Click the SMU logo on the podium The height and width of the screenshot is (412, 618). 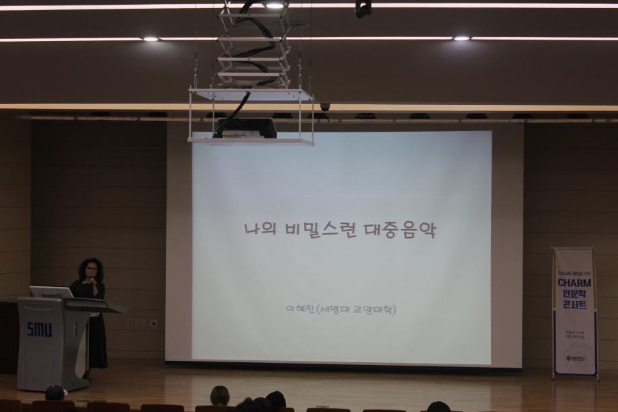click(x=39, y=329)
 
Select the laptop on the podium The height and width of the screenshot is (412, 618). click(x=51, y=292)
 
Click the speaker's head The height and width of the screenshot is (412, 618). click(x=91, y=268)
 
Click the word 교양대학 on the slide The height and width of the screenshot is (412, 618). click(x=369, y=310)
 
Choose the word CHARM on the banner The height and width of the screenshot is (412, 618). click(x=574, y=283)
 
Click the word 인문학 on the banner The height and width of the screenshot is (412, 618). click(x=574, y=294)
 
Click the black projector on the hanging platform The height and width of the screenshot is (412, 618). click(x=246, y=128)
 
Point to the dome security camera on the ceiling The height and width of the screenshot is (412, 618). click(x=325, y=107)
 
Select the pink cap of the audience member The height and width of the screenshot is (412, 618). click(x=55, y=390)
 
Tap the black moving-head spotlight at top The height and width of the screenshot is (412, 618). click(x=363, y=8)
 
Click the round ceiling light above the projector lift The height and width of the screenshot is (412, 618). click(x=273, y=5)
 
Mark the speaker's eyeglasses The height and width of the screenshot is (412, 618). click(x=91, y=269)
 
